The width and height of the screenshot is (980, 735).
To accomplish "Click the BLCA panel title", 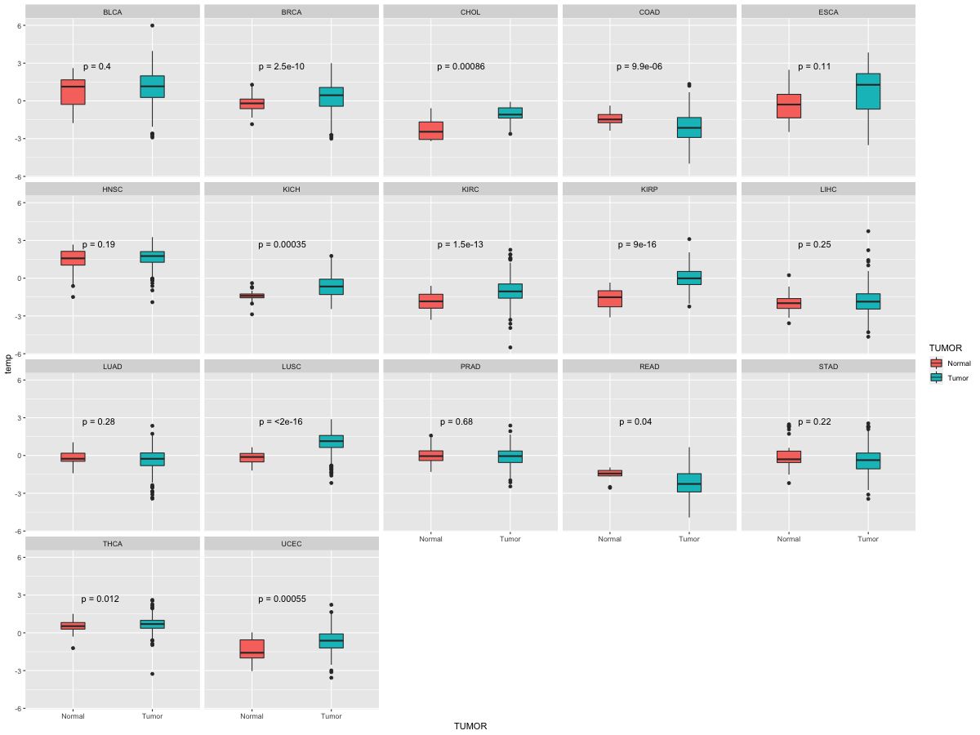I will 113,12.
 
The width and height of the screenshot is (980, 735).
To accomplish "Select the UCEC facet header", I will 292,544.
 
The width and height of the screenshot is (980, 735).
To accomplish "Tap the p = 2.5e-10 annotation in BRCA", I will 281,66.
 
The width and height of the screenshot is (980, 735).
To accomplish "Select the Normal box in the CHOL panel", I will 431,131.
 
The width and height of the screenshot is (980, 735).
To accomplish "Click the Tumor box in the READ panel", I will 689,483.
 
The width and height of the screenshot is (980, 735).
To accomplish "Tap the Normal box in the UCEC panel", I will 252,649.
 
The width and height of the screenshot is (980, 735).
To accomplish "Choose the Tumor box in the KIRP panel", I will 689,278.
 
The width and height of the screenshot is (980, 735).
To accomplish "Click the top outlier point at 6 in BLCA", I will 152,25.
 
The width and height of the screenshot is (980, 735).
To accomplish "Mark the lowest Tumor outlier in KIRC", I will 510,347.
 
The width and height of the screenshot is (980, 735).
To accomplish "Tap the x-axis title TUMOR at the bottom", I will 470,726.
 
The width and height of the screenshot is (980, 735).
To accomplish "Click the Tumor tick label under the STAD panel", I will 868,539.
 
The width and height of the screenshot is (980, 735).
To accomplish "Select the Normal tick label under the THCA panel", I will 73,716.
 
